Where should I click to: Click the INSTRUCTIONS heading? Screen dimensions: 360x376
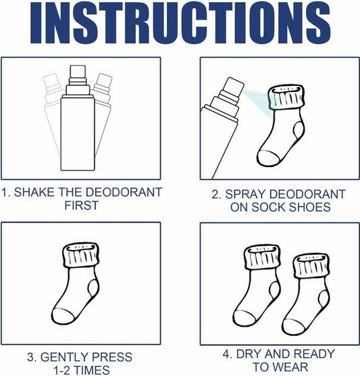(x=180, y=22)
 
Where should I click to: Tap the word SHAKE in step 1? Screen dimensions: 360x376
(x=34, y=192)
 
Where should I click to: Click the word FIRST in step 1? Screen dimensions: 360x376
(x=82, y=206)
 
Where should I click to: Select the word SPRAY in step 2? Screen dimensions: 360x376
(x=246, y=194)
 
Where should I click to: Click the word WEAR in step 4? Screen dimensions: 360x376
(x=290, y=367)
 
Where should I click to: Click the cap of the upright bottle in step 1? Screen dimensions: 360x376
(x=78, y=71)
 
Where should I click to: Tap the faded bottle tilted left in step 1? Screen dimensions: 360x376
(x=52, y=113)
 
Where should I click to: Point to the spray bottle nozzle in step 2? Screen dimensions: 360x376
(x=233, y=86)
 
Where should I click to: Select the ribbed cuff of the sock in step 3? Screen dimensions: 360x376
(x=81, y=255)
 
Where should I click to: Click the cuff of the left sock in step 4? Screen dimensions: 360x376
(x=263, y=257)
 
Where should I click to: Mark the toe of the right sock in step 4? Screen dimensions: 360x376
(x=292, y=327)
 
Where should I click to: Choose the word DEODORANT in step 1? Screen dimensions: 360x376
(x=124, y=192)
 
